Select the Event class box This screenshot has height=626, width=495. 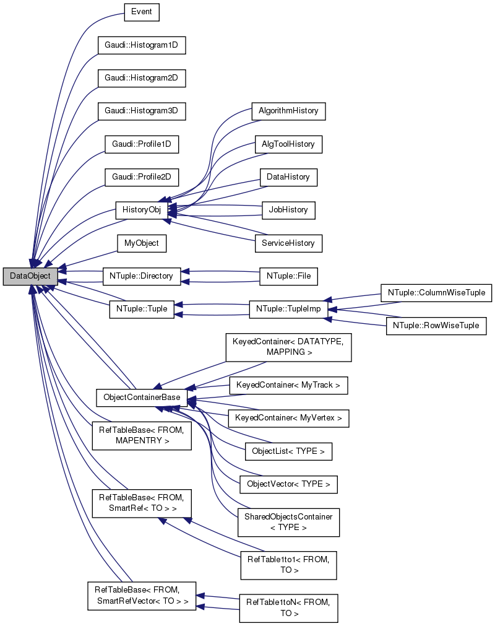coord(142,12)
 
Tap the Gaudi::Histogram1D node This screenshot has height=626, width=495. coord(142,45)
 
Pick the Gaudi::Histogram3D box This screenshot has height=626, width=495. coord(142,111)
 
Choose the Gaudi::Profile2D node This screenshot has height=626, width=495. coord(142,178)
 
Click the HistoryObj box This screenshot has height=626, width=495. coord(142,210)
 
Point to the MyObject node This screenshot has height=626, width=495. coord(142,243)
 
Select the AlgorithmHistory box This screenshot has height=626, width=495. coord(288,111)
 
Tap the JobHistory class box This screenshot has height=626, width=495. coord(288,210)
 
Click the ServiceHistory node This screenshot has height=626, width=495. coord(288,243)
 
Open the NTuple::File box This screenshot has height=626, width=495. coord(288,276)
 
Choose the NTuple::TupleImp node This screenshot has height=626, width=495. coord(288,309)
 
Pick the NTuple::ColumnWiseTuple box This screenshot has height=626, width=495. coord(436,292)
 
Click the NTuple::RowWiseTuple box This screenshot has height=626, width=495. coord(436,326)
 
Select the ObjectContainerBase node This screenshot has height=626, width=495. coord(142,394)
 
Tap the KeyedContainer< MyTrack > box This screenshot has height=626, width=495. coord(288,385)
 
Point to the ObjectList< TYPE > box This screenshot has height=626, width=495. coord(288,451)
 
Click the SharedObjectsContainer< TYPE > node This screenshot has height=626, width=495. coord(288,522)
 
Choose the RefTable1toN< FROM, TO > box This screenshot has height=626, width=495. coord(288,607)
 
